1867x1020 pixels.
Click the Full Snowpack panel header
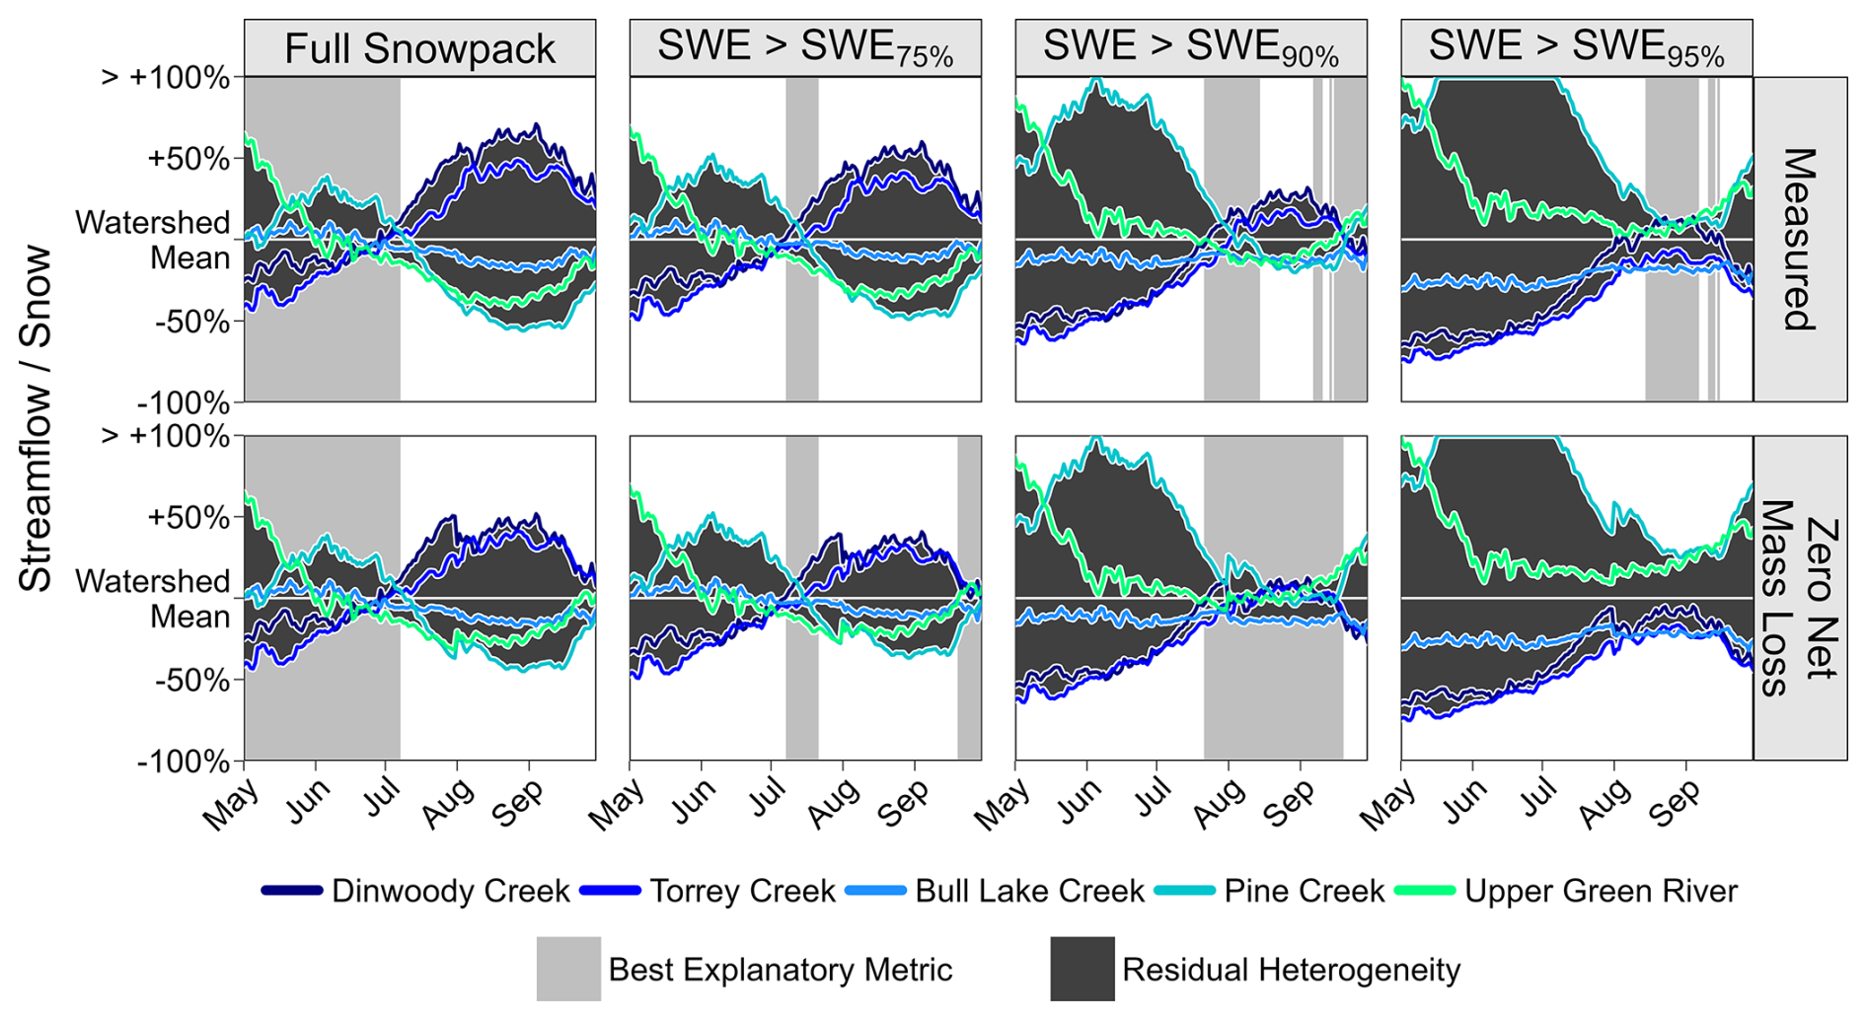(x=419, y=48)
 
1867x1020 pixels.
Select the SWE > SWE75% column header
(x=805, y=48)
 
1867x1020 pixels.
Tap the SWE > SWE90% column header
(x=1191, y=48)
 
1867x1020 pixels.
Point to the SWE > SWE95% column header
(x=1576, y=48)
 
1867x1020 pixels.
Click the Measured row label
(x=1800, y=239)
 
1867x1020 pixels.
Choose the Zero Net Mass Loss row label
(x=1800, y=598)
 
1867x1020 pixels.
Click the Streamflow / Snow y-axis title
(x=36, y=418)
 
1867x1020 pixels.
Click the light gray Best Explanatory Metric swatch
(x=568, y=969)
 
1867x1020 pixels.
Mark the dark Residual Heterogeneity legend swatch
(x=1083, y=969)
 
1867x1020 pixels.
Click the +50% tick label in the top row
(x=188, y=159)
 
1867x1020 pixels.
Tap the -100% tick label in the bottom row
(x=184, y=762)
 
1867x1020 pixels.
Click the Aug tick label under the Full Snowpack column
(x=448, y=802)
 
